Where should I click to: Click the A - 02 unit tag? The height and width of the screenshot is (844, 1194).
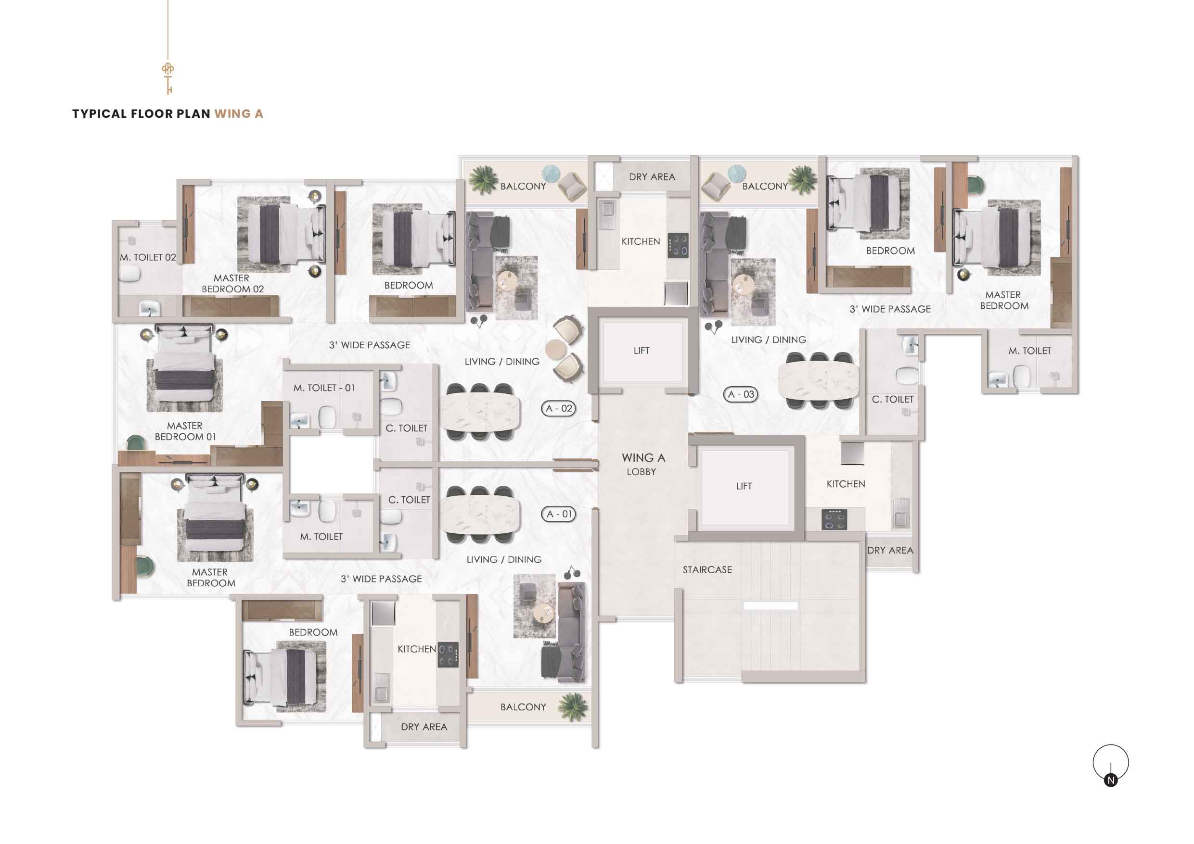point(559,408)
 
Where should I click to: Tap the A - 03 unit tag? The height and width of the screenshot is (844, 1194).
point(741,394)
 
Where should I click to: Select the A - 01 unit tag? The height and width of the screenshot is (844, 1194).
point(559,514)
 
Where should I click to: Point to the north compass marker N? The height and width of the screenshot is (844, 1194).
point(1111,780)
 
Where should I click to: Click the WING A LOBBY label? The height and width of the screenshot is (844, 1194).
point(643,464)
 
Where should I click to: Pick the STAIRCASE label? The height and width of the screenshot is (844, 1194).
point(707,569)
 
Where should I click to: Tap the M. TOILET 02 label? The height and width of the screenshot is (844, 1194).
point(148,257)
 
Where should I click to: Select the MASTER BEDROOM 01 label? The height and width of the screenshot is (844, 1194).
point(185,431)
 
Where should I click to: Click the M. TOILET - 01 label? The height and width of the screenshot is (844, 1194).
point(324,388)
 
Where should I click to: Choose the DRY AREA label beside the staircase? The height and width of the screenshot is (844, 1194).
point(890,550)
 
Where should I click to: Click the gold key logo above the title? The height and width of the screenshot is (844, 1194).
point(167,78)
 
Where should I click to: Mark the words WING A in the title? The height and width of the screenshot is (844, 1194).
point(239,114)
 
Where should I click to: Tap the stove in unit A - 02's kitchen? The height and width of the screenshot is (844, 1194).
point(678,246)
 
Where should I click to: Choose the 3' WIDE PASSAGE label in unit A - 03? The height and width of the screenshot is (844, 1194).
point(890,309)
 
